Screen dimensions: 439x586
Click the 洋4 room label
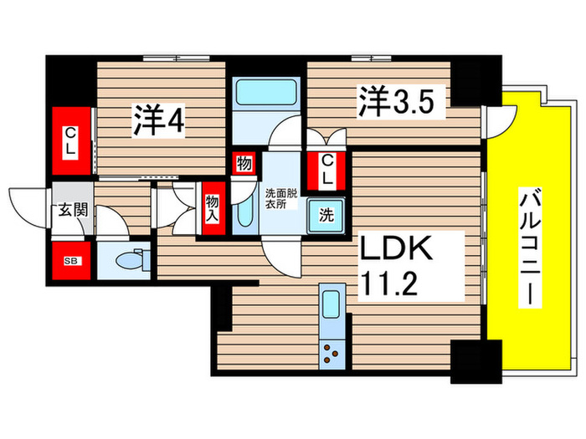click(x=158, y=121)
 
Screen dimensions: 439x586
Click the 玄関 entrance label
click(x=68, y=209)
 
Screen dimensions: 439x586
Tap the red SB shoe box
click(x=69, y=260)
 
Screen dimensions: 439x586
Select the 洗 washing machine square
click(x=326, y=214)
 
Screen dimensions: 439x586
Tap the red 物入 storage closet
click(x=213, y=205)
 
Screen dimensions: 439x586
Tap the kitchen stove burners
click(x=332, y=353)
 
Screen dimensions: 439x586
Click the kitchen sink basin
click(x=331, y=303)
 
